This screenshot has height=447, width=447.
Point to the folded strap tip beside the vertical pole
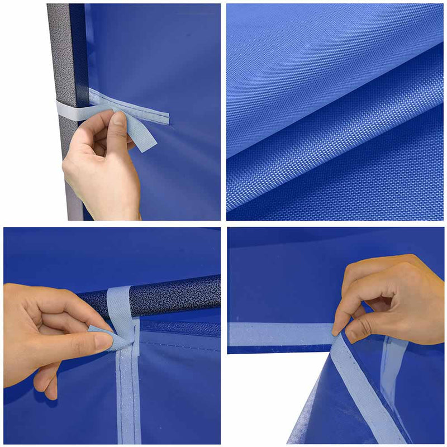[143, 137]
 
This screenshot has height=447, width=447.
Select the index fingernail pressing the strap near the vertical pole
[118, 118]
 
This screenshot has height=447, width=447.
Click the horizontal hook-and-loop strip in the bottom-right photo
[279, 334]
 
